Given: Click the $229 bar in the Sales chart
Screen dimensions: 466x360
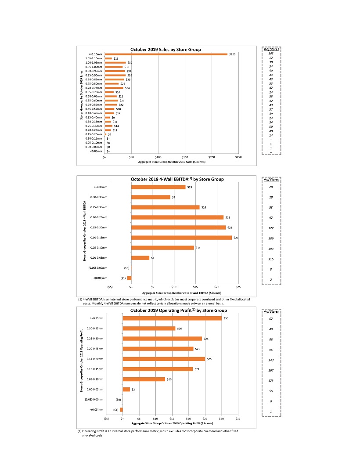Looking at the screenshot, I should click(166, 54).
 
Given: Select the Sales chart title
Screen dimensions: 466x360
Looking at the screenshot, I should click(166, 49).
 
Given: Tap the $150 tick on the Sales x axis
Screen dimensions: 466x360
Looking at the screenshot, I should click(185, 157).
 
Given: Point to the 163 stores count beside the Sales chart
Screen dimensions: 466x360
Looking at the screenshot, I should click(271, 54).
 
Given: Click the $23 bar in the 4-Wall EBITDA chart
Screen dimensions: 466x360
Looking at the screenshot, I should click(181, 238).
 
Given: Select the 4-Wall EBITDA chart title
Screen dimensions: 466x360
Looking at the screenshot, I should click(177, 179).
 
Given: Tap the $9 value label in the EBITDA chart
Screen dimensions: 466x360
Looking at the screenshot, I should click(174, 197).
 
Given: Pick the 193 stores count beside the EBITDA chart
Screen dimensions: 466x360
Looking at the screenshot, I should click(271, 249).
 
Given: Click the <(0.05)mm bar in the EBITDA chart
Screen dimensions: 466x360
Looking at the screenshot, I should click(130, 278).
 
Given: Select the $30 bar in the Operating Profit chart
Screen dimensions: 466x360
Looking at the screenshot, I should click(172, 318).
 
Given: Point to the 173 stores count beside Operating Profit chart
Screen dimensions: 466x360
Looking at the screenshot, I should click(271, 381).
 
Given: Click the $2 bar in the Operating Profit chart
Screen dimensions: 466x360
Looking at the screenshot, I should click(126, 389).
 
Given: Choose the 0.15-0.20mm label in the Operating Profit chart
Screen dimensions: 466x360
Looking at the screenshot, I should click(95, 359).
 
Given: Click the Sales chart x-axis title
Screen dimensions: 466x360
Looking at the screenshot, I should click(172, 162).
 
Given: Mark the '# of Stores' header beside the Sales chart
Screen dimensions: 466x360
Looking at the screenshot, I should click(271, 49).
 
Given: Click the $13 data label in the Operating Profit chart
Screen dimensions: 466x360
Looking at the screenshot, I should click(169, 379).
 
